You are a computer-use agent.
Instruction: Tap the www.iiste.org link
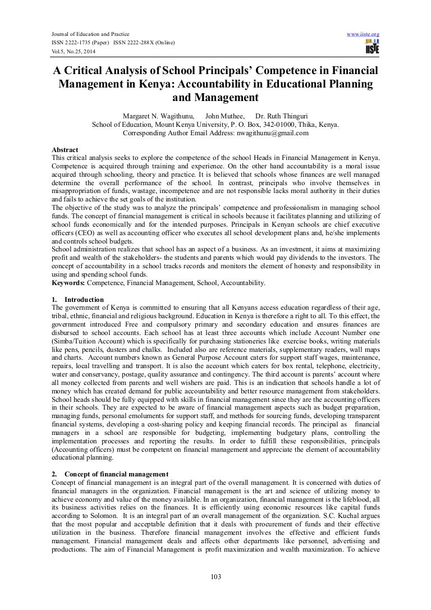(364, 34)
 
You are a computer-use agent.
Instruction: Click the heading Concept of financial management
(114, 474)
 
